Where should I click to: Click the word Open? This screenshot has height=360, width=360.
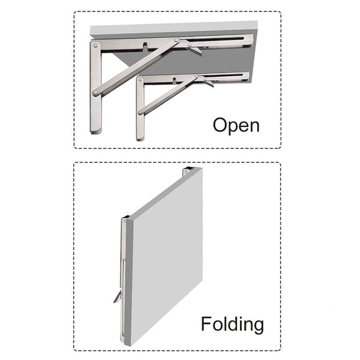(236, 125)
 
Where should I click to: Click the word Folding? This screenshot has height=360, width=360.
(232, 325)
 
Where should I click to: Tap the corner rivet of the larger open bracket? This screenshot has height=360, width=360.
(95, 46)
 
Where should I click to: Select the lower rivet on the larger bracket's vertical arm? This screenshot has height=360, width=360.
(95, 93)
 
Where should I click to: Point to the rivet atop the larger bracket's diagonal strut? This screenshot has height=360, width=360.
(176, 40)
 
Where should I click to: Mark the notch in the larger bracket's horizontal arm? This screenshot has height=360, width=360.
(146, 47)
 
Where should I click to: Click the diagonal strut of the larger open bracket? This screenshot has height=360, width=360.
(136, 67)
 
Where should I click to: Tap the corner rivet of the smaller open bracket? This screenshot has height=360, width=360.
(140, 80)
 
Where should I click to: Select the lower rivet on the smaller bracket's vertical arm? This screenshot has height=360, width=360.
(140, 113)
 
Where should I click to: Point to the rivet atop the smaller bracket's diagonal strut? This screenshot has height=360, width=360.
(196, 76)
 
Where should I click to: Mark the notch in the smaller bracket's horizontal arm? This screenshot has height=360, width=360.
(175, 80)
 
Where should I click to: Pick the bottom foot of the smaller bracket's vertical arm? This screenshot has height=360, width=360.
(140, 138)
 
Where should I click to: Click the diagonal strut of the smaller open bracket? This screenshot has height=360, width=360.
(168, 94)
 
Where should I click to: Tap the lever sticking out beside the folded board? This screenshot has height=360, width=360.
(118, 296)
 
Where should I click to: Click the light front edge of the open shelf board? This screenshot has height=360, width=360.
(174, 29)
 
